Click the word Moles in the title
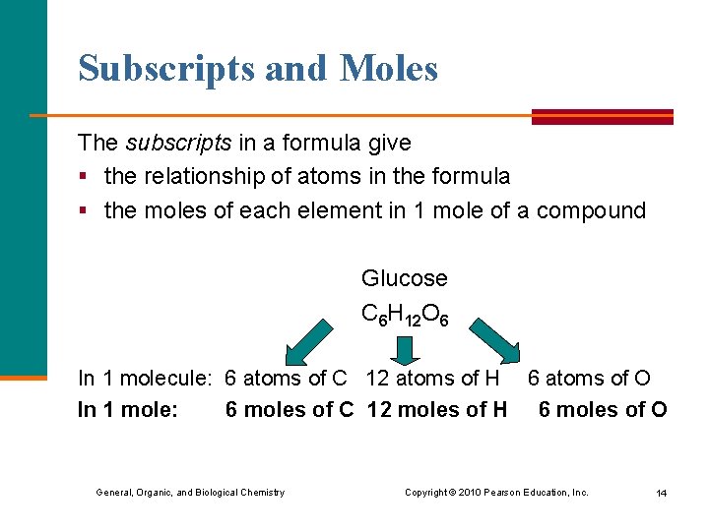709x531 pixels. point(389,68)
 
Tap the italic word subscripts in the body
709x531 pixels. point(178,143)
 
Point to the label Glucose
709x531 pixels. point(404,278)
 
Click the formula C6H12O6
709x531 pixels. point(405,315)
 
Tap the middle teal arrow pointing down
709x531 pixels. point(405,349)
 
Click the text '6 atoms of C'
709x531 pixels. point(286,378)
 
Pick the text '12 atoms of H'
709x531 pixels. point(432,378)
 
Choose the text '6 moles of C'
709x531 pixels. point(289,409)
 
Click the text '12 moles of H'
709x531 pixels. point(436,409)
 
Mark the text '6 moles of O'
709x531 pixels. point(602,409)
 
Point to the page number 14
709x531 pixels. point(661,493)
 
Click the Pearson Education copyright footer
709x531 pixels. point(496,492)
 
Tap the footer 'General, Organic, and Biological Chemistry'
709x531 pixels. point(190,492)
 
